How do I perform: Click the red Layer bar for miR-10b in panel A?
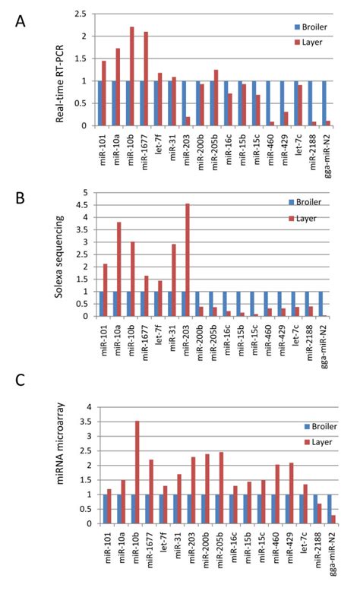(x=131, y=76)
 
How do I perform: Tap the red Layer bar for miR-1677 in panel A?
(x=145, y=78)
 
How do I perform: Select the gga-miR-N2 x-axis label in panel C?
(x=327, y=551)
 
